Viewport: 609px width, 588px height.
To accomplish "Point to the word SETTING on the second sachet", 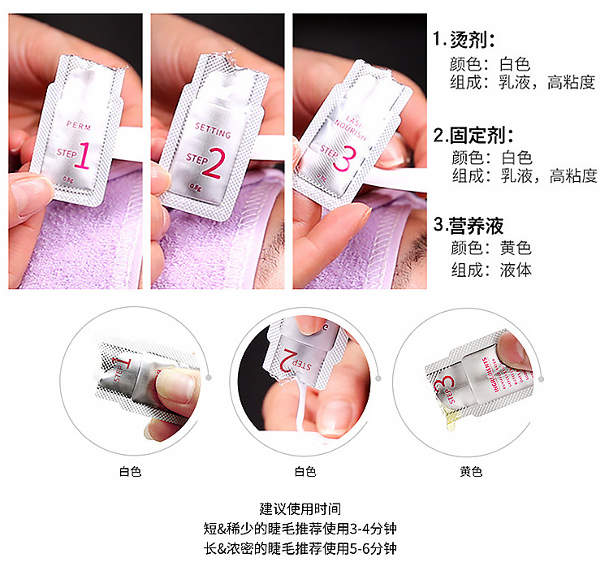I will [213, 130].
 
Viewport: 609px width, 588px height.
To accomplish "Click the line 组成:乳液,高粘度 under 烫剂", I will [524, 81].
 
